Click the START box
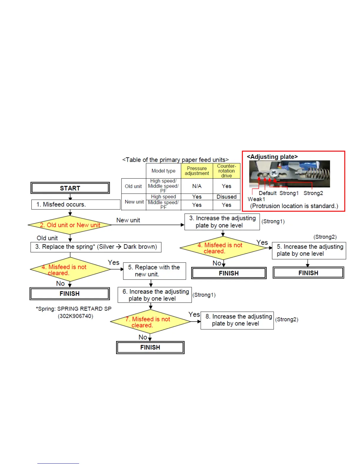click(x=70, y=188)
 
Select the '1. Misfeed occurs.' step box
click(x=76, y=204)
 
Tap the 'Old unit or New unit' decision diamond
click(x=70, y=225)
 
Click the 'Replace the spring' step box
click(x=96, y=247)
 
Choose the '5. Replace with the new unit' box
click(x=154, y=271)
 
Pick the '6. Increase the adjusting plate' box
click(x=155, y=295)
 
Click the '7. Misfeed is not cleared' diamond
click(x=150, y=322)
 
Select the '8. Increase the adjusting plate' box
click(x=237, y=320)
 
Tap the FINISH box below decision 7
click(x=150, y=347)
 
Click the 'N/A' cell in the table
click(x=197, y=186)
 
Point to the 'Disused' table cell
click(x=226, y=197)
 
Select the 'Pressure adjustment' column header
click(x=197, y=171)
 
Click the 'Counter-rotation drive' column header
click(x=226, y=171)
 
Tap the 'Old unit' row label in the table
click(x=133, y=186)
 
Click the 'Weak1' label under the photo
click(x=256, y=199)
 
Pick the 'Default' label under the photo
click(x=267, y=193)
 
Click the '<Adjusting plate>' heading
click(x=272, y=157)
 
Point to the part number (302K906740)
click(x=75, y=316)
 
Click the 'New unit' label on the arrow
click(x=128, y=220)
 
